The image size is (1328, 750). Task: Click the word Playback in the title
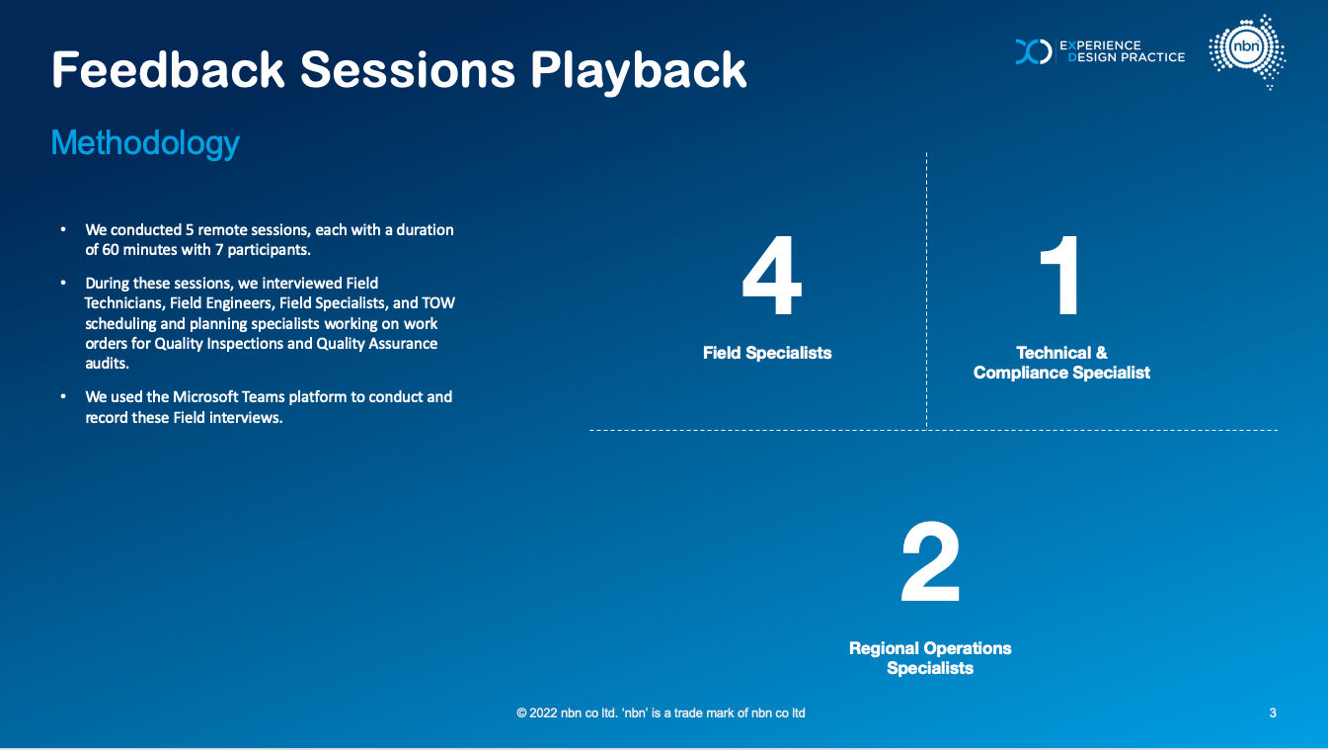[638, 72]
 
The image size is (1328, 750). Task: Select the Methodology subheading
[145, 143]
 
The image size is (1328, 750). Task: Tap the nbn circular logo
[1247, 51]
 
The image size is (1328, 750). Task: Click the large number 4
[772, 275]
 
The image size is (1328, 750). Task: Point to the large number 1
[1061, 275]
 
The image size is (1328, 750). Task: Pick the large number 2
[930, 561]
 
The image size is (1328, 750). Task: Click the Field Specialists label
[767, 353]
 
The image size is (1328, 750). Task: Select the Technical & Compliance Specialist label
[1061, 363]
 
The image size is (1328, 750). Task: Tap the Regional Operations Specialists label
[930, 658]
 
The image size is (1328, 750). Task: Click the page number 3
[1273, 713]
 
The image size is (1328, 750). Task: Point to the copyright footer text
[661, 713]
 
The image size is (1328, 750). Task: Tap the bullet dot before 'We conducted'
[63, 229]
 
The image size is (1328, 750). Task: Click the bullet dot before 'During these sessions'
[63, 283]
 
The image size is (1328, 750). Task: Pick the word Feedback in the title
[168, 70]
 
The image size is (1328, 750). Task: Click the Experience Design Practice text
[1123, 51]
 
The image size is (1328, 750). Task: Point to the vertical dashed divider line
[926, 291]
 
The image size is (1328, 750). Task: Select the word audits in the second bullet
[108, 364]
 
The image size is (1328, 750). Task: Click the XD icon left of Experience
[1034, 51]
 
